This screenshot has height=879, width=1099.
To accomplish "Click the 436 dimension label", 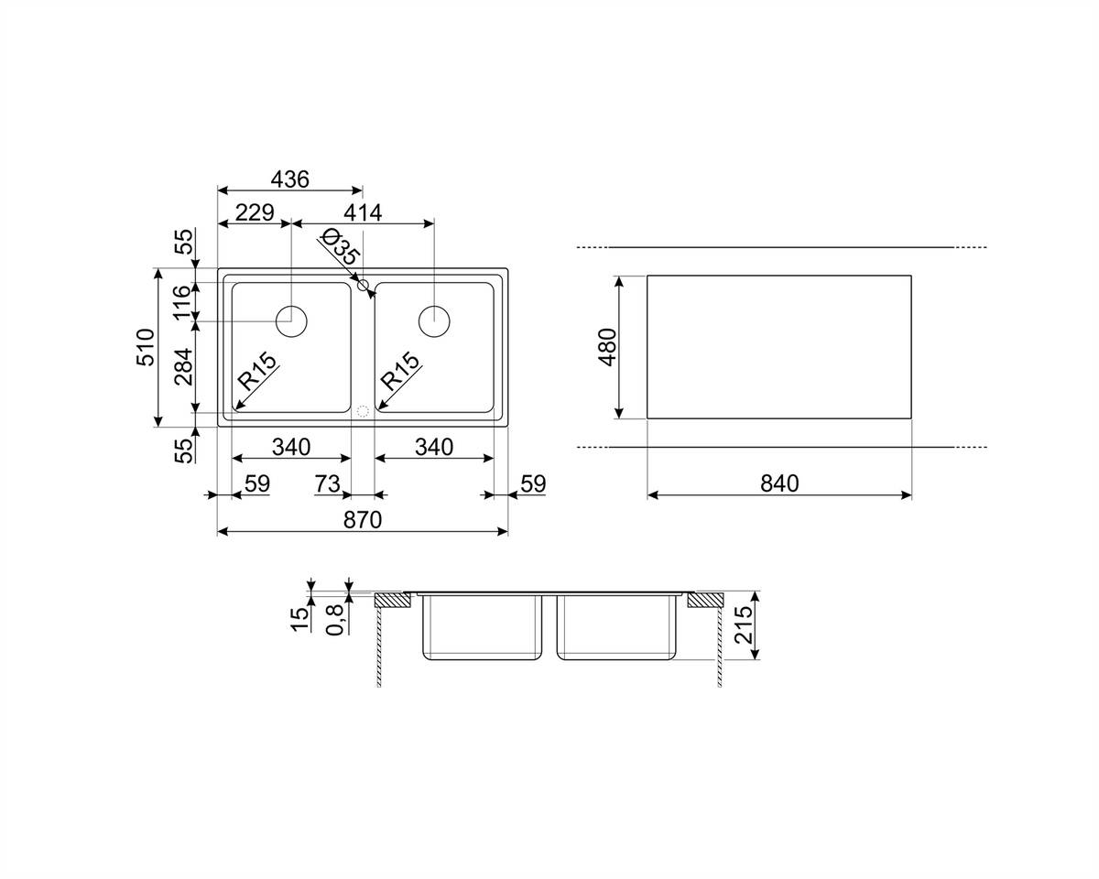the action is (x=289, y=179).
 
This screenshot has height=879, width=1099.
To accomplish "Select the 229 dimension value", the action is (x=255, y=212).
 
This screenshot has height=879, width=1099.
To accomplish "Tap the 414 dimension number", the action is (x=363, y=212).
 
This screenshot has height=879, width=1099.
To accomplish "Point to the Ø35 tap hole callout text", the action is (x=340, y=246).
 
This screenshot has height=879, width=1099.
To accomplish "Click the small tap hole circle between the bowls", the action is (x=363, y=286).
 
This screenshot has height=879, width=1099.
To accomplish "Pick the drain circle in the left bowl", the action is (x=291, y=321).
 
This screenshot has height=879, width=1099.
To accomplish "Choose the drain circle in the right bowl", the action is (x=434, y=321).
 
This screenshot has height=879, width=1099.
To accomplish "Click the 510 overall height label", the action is (x=145, y=347).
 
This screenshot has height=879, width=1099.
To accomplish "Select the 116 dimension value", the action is (x=182, y=303).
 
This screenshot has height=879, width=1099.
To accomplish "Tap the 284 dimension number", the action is (x=183, y=367).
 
